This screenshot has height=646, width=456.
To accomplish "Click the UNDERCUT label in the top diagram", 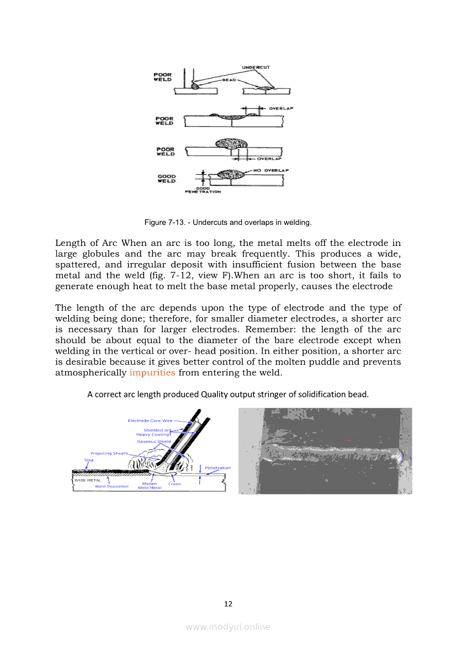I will coord(256,67).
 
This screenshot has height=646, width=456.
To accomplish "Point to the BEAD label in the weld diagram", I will coord(229,80).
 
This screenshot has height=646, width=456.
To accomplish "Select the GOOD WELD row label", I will coord(166,178).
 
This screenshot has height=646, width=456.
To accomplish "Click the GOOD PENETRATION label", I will coord(203,190).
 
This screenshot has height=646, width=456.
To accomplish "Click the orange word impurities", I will coord(152,372).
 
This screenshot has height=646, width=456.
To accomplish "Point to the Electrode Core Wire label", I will coord(150,421).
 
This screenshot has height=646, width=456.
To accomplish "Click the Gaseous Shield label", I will coord(153,442).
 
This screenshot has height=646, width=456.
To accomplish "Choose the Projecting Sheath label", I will coord(109,453).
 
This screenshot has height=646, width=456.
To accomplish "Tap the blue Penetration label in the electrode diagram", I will coord(218,468).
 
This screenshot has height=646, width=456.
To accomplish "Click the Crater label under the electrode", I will coord(174,484).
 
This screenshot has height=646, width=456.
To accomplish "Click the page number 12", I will coord(228,604).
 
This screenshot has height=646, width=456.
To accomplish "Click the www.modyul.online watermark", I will coord(228,627).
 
